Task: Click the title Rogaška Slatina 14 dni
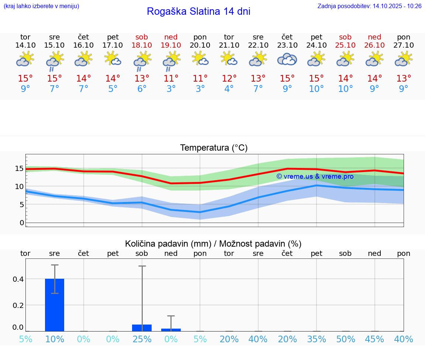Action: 198,11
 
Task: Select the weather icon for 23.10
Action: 287,59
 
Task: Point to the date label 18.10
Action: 142,45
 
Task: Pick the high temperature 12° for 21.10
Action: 229,78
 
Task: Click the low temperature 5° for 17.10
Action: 113,89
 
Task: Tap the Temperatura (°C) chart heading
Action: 214,148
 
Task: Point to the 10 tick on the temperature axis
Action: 19,186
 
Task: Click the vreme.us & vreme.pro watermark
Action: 315,176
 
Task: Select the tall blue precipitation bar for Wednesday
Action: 55,305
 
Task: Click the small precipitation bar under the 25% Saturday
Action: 142,328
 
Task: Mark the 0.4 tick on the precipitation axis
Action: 18,279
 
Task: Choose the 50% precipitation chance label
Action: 346,339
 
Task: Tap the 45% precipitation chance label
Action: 374,339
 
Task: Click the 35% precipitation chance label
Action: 317,339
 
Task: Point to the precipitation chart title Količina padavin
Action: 213,244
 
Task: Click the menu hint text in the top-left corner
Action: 41,6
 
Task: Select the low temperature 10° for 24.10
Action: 316,89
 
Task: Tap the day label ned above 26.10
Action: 374,37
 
